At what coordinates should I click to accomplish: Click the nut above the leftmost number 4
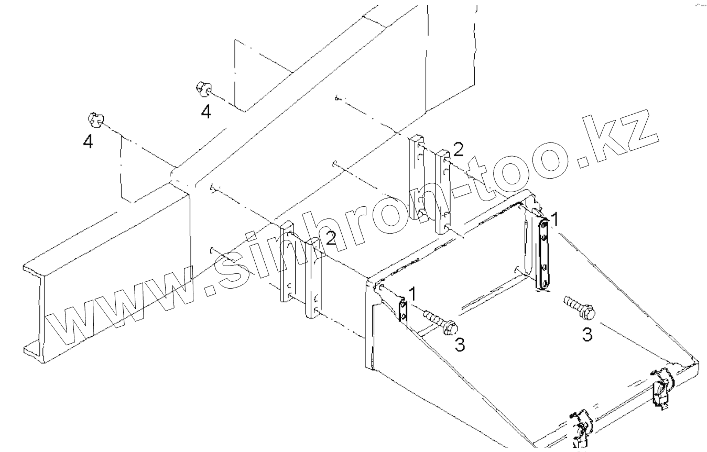click(x=94, y=120)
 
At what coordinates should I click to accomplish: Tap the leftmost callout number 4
click(x=88, y=141)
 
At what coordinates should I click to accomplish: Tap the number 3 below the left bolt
click(x=459, y=344)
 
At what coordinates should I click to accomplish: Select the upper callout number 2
click(x=458, y=150)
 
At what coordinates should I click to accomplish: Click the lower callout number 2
click(x=330, y=239)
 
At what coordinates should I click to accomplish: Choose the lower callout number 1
click(x=412, y=294)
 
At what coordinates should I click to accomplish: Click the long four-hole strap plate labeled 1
click(x=545, y=253)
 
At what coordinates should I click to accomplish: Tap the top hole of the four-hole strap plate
click(x=545, y=224)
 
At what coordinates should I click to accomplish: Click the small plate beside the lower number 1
click(x=403, y=311)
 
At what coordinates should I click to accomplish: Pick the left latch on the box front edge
click(x=580, y=427)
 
